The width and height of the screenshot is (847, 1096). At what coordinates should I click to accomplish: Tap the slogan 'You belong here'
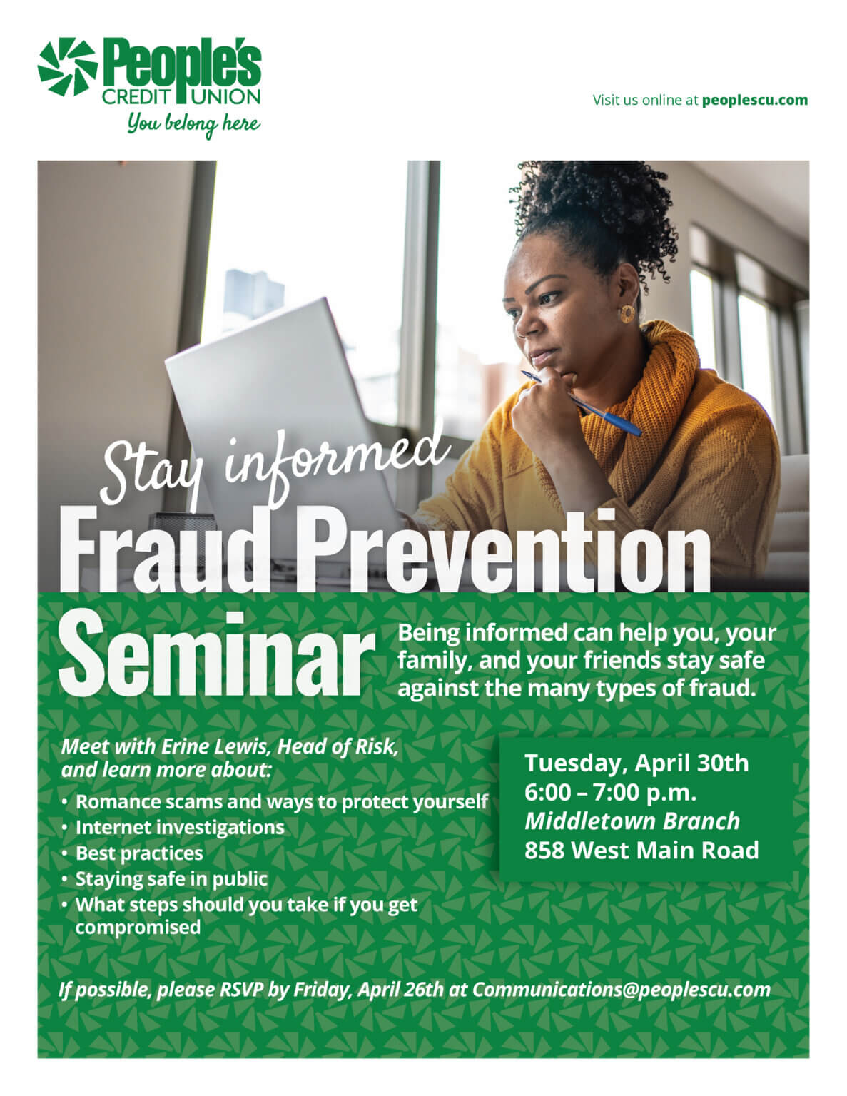193,124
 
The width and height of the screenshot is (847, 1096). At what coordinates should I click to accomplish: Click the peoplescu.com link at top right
755,100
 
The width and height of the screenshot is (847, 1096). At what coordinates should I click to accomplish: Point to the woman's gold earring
627,314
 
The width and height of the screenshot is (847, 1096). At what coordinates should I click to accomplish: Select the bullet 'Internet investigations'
180,827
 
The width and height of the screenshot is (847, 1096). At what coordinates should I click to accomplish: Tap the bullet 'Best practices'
139,853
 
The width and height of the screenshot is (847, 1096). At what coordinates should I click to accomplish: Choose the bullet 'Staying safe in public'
171,878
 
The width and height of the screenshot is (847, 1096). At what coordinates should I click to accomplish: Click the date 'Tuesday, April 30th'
636,763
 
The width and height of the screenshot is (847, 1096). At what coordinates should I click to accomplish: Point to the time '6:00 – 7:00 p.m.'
610,792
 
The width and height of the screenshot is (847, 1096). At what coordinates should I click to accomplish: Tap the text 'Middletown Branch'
632,821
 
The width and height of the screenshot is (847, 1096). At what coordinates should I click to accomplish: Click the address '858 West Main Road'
641,851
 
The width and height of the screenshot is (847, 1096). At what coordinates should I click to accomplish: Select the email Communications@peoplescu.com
621,990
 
